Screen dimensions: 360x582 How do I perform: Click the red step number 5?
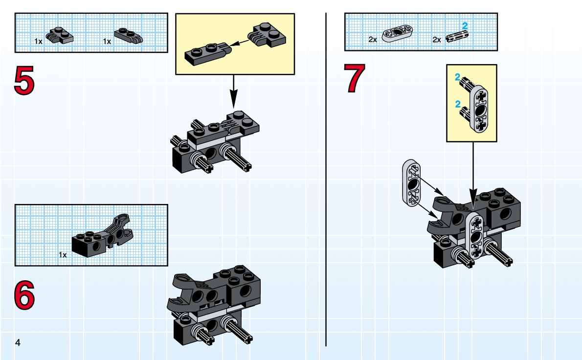coord(24,81)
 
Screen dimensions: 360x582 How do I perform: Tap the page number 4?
coord(18,342)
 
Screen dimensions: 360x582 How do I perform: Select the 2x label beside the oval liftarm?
coord(373,40)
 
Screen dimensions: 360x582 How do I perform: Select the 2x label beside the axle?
coord(437,40)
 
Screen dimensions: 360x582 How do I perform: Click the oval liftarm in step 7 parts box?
coord(398,33)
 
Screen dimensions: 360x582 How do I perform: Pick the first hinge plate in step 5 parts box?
coord(60,35)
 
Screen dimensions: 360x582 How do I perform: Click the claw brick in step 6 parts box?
coord(103,235)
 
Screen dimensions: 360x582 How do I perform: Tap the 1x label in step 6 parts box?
coord(63,255)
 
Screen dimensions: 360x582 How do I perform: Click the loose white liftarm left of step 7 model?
coord(412,181)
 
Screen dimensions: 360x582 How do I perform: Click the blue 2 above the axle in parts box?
coord(465,25)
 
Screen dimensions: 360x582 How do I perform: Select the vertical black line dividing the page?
coord(326,181)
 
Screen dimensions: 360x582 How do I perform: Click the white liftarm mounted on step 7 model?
coord(474,235)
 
